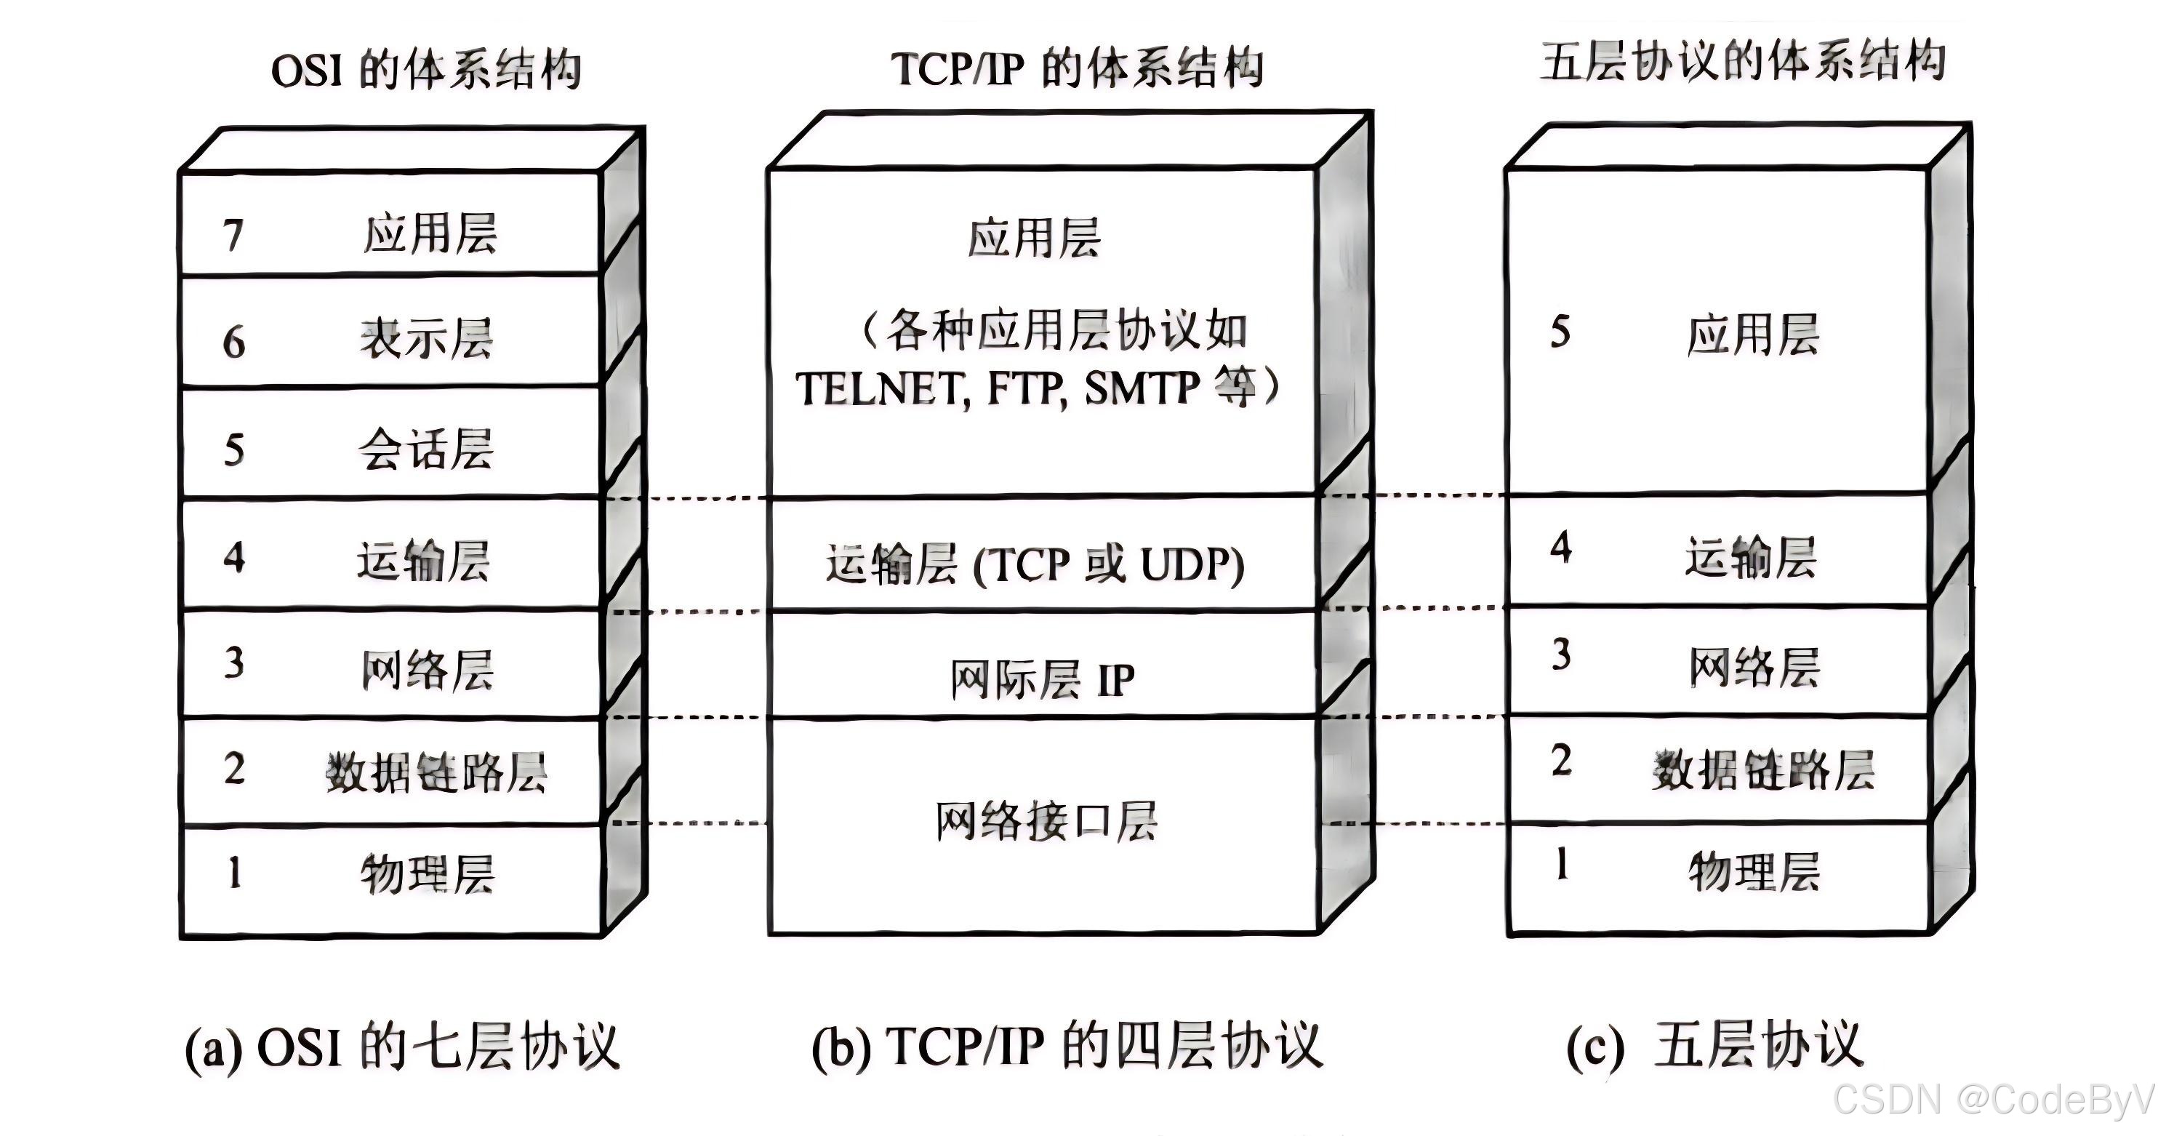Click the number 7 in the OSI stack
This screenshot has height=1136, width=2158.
233,236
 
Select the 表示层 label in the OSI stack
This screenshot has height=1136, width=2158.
428,340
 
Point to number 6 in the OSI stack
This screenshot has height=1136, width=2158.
233,343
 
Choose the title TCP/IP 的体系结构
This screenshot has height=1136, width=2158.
1078,68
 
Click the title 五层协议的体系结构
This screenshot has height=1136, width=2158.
1743,62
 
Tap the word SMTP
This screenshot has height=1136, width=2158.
1142,388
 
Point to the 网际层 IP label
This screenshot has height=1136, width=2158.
1042,679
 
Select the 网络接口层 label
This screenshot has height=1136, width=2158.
1046,822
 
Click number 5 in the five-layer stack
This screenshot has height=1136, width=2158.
1560,332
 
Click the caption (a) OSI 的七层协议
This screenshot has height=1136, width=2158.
402,1047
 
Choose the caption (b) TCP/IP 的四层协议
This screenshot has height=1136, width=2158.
1067,1047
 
